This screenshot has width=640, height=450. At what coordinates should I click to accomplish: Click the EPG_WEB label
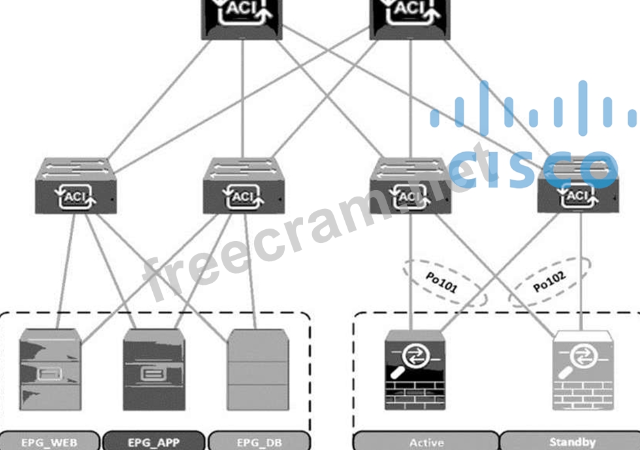click(50, 442)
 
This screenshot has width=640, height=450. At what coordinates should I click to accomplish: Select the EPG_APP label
click(154, 442)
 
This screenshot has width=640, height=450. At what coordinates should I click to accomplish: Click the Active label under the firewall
click(426, 442)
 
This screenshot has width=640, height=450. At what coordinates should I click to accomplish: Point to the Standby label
click(573, 442)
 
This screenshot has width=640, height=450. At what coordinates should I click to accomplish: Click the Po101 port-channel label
click(442, 283)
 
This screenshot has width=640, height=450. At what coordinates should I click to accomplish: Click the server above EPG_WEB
click(50, 369)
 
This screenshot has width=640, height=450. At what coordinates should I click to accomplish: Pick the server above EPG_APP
click(154, 369)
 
